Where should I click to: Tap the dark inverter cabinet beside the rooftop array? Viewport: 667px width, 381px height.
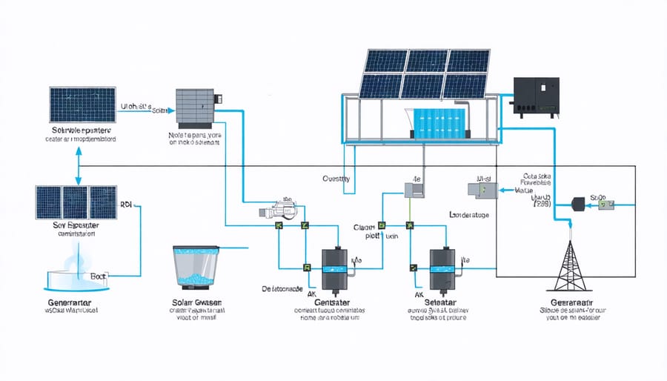(539, 96)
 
